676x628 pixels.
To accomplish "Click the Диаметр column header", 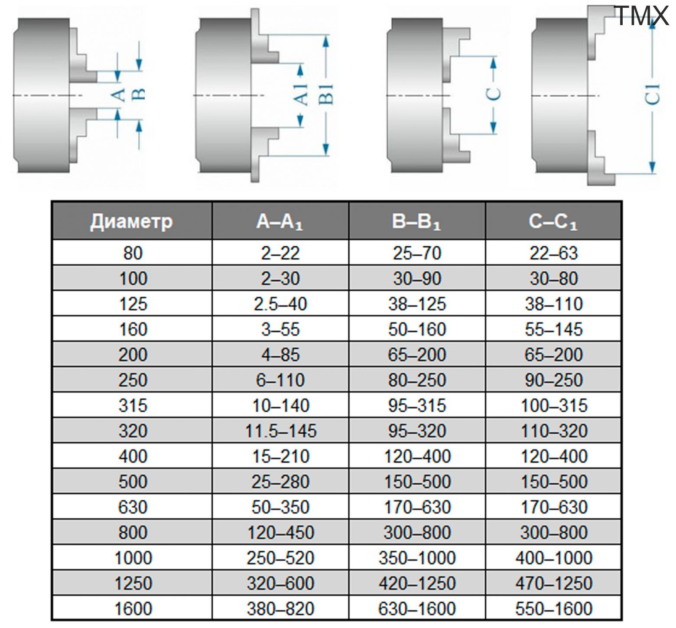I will click(x=132, y=221).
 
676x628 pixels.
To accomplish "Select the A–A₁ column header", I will click(x=280, y=221).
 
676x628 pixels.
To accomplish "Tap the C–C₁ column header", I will click(x=553, y=221).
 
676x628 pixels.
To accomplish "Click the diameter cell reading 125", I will click(x=133, y=304).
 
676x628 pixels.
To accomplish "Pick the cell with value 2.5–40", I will click(x=280, y=304).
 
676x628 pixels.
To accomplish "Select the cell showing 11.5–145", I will click(x=280, y=431).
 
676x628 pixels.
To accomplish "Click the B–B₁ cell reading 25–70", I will click(x=417, y=253).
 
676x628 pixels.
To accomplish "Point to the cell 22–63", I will click(x=553, y=253).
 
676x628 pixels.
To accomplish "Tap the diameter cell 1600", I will click(x=133, y=609).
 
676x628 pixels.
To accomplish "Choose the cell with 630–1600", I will click(x=417, y=609).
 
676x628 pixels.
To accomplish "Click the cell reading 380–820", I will click(x=280, y=609).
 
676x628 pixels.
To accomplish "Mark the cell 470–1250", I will click(x=553, y=583).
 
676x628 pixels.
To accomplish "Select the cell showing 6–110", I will click(x=280, y=380).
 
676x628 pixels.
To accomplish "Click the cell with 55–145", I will click(x=553, y=329).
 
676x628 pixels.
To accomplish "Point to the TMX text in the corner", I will click(x=642, y=16).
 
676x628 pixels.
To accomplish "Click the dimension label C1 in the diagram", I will click(x=652, y=94).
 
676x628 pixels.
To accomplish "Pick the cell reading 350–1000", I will click(x=417, y=558).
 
